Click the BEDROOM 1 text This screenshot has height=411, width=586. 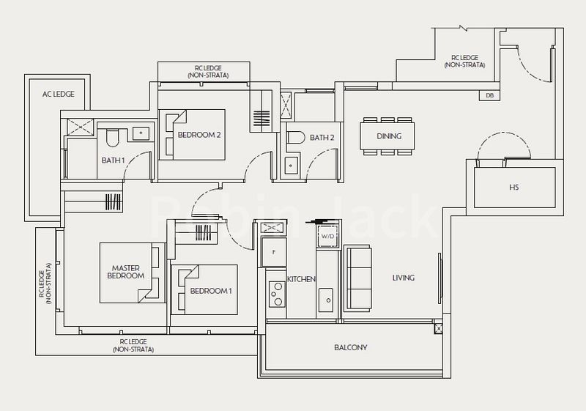[211, 291]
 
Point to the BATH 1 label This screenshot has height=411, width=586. [113, 160]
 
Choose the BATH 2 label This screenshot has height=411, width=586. [322, 137]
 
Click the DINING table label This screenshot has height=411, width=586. [389, 136]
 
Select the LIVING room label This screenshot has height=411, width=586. [403, 278]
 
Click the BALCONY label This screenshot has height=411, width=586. [350, 347]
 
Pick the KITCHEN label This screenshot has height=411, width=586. [301, 279]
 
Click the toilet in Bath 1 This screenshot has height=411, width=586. [112, 138]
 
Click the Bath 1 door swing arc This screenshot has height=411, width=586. [138, 165]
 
